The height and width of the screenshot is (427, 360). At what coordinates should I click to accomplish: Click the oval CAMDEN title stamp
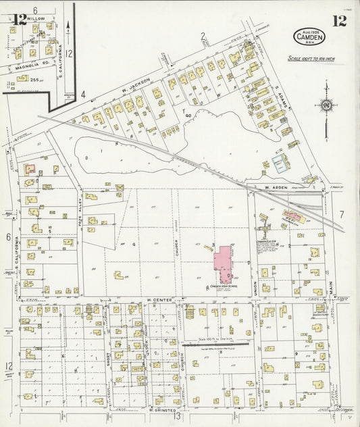pos(308,38)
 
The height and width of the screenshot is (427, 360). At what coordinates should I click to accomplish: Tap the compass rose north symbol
pos(326,105)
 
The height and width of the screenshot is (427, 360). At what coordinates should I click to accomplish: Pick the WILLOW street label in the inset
pos(36,19)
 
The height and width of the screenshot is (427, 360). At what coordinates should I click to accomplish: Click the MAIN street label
pos(331,286)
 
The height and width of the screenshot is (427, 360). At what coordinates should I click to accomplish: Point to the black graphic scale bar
pos(215,344)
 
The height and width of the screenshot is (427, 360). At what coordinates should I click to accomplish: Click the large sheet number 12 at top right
pos(339,21)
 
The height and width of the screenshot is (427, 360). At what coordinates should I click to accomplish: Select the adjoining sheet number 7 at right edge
pos(342,215)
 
